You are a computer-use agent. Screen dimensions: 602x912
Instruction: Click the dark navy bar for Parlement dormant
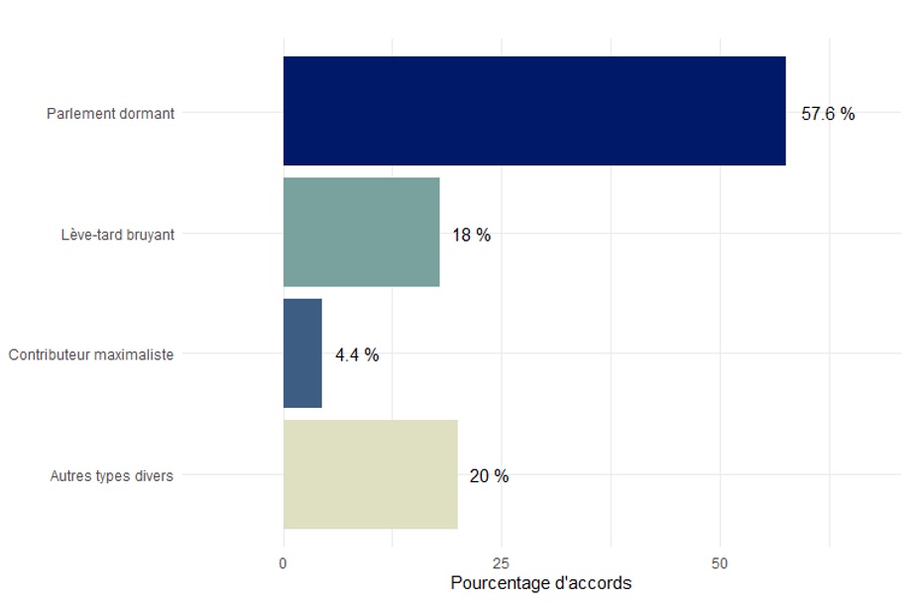(534, 111)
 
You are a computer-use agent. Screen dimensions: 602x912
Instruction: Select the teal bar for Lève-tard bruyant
(361, 233)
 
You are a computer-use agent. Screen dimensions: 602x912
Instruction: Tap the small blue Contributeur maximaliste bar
(302, 353)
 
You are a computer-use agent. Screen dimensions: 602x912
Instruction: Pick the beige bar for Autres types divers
(370, 474)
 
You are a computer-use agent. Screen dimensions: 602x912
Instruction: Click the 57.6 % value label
(828, 114)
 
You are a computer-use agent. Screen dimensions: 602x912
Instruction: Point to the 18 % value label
(471, 236)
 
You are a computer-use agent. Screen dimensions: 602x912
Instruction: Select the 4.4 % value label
(357, 355)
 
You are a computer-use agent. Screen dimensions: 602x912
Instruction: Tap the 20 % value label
(489, 476)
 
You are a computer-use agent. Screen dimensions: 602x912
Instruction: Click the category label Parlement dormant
(110, 114)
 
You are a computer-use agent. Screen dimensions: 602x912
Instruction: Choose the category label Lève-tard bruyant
(117, 236)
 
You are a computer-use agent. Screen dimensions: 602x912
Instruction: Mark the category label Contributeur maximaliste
(91, 354)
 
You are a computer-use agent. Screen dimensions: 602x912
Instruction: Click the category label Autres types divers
(112, 476)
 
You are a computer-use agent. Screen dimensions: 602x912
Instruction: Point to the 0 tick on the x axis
(284, 563)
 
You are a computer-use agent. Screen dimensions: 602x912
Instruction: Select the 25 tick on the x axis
(502, 563)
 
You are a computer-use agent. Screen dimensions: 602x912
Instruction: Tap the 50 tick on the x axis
(720, 563)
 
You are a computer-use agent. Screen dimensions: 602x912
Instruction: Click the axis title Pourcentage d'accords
(540, 583)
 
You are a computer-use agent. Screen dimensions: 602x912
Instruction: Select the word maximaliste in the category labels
(135, 354)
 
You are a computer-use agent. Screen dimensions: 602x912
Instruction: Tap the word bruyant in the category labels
(150, 236)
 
